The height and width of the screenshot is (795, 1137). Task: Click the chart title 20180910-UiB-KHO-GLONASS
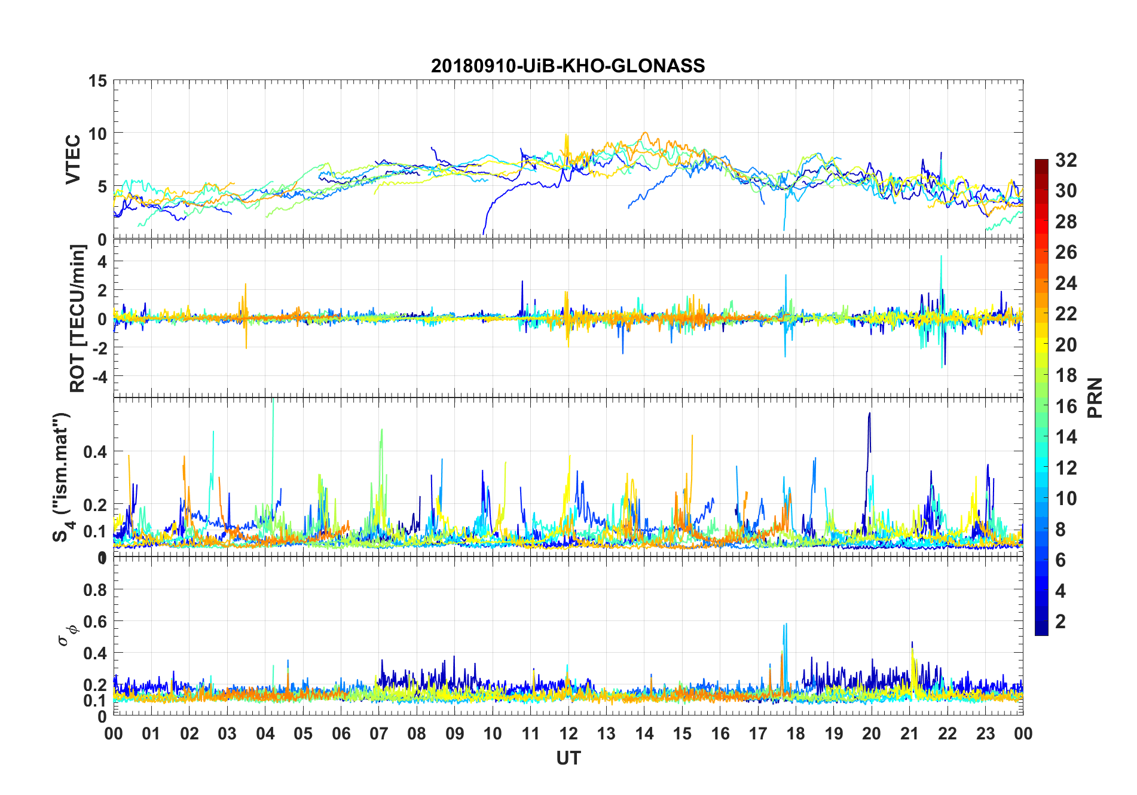(x=568, y=66)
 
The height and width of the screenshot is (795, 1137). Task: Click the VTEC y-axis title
(x=73, y=160)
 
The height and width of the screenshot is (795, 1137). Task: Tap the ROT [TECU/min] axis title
(x=78, y=318)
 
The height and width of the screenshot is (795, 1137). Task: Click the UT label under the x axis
(x=568, y=759)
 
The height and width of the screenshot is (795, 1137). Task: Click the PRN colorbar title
(x=1095, y=398)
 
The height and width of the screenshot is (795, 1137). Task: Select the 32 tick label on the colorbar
(x=1066, y=160)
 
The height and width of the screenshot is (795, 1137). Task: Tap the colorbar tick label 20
(x=1066, y=345)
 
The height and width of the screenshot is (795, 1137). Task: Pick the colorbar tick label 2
(x=1060, y=622)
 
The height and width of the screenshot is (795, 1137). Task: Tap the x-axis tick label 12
(x=568, y=734)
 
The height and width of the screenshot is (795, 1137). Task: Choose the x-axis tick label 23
(x=985, y=734)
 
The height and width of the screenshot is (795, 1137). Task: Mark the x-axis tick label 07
(x=379, y=734)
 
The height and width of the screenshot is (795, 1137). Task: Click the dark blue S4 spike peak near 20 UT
(x=869, y=414)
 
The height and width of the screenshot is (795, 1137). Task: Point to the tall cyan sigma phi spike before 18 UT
(x=785, y=625)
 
